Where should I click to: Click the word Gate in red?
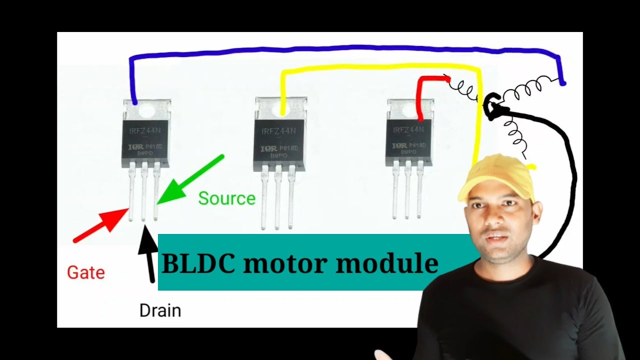(x=86, y=273)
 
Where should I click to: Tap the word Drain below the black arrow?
(x=160, y=311)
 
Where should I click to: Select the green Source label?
(x=226, y=198)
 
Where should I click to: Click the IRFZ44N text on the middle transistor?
(x=278, y=131)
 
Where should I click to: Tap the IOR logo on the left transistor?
(x=134, y=148)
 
